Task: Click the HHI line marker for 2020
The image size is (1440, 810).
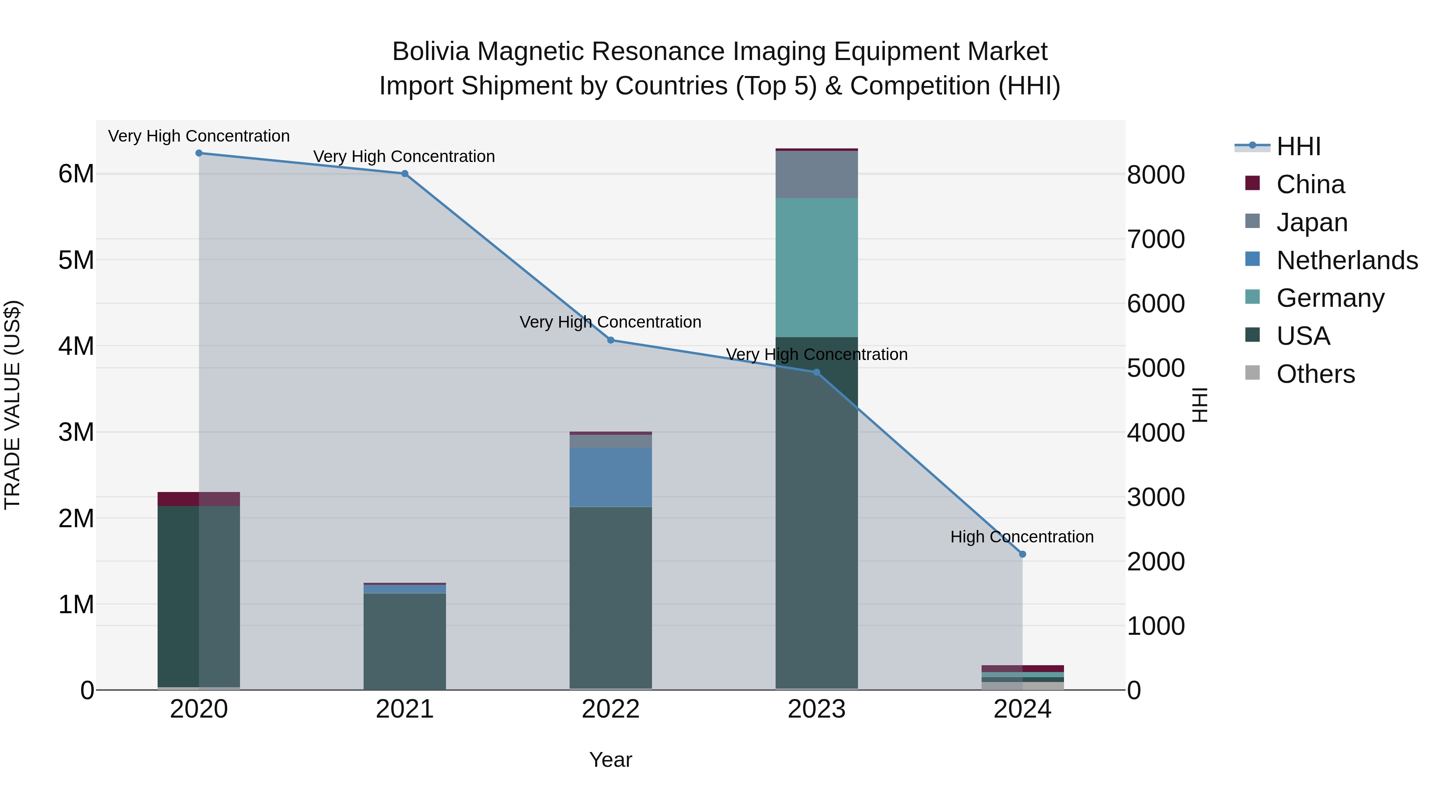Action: (x=199, y=153)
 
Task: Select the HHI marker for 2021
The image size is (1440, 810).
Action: (x=405, y=174)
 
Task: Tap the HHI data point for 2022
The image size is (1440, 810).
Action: (x=610, y=340)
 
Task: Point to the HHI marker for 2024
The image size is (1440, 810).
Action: (x=1022, y=554)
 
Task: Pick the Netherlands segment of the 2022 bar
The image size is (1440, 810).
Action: (x=610, y=477)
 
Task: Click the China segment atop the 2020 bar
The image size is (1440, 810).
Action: (x=199, y=499)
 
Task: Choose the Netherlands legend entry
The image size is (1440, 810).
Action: (x=1347, y=260)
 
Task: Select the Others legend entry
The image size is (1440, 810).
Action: (x=1315, y=374)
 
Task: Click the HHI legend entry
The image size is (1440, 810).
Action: (x=1298, y=146)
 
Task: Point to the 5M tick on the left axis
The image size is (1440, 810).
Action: (x=76, y=260)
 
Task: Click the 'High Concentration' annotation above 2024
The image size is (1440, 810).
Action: (x=1022, y=537)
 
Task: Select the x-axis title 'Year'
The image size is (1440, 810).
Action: (x=610, y=760)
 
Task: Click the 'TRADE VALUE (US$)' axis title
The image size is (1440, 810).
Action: (x=12, y=405)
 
